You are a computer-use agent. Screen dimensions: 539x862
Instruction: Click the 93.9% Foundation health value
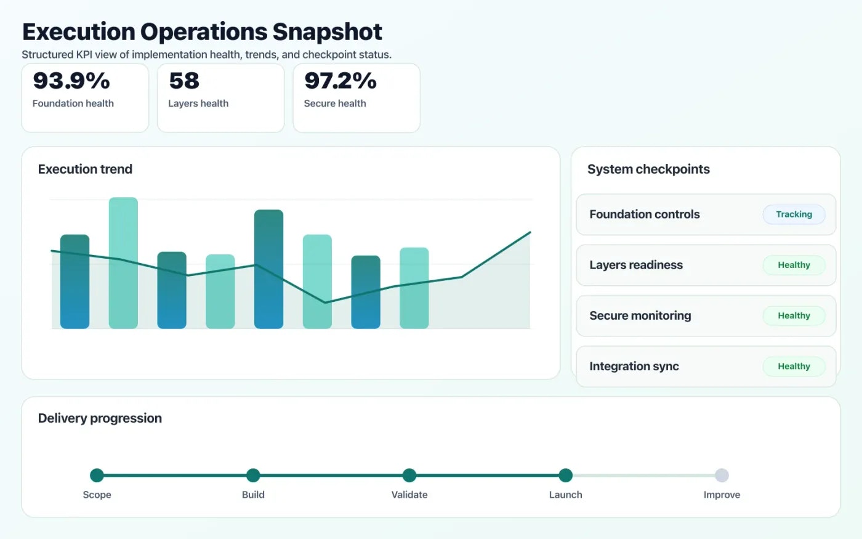(71, 81)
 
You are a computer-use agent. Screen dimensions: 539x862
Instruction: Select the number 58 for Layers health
(184, 81)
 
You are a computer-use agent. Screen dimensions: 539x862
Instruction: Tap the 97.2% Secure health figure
(340, 81)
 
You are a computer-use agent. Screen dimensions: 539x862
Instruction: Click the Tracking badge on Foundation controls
(794, 214)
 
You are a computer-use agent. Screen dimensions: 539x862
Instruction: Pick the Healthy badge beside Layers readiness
(794, 265)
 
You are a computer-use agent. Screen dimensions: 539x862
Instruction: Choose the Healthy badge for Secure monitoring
(794, 315)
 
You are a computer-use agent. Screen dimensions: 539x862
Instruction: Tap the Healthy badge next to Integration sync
(794, 366)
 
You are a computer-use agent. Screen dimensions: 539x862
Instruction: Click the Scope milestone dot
(97, 475)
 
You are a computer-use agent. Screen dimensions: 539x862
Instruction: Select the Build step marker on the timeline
(253, 475)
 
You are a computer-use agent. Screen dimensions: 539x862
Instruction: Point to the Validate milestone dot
(409, 475)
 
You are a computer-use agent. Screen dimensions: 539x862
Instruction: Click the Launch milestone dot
(566, 475)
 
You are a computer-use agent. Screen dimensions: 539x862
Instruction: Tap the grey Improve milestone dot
(722, 475)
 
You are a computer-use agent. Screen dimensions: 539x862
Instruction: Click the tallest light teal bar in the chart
(123, 263)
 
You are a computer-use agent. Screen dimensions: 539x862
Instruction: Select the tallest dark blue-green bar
(268, 269)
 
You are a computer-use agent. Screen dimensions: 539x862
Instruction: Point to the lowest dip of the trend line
(325, 302)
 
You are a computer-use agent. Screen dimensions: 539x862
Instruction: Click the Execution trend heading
(85, 169)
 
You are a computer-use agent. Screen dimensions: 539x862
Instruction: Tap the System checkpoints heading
(648, 169)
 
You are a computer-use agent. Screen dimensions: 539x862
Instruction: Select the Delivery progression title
(100, 418)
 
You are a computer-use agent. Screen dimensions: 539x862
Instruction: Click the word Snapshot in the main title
(327, 32)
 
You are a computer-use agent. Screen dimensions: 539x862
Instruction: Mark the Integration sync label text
(634, 367)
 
